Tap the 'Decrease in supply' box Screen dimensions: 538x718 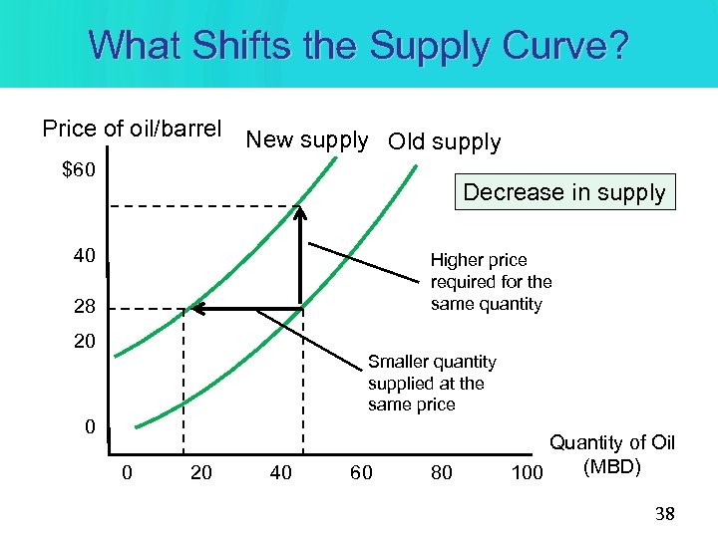[564, 192]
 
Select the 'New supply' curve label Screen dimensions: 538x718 [307, 139]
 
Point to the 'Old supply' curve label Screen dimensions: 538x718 [445, 141]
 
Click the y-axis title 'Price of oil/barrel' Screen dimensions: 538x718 [132, 129]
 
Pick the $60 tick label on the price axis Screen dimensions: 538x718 [79, 170]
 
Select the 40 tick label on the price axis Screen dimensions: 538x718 [84, 256]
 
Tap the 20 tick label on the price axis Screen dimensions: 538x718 [84, 342]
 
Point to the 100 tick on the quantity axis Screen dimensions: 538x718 [527, 472]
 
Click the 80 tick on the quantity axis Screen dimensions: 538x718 [441, 472]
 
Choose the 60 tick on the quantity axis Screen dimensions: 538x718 [361, 472]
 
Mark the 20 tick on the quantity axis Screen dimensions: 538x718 [200, 472]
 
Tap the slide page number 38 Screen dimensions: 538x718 [662, 514]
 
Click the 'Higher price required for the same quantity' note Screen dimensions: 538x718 [491, 282]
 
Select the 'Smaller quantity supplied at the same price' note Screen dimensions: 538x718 [431, 383]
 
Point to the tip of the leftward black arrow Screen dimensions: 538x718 [192, 309]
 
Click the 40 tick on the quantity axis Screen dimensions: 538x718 [281, 472]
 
